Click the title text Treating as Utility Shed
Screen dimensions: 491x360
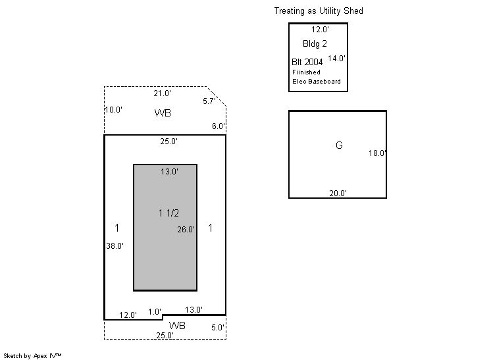[319, 11]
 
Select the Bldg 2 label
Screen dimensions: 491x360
[315, 44]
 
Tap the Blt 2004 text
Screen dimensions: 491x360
[307, 62]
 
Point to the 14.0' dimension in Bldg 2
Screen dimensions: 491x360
[336, 59]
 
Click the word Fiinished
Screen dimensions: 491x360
[306, 72]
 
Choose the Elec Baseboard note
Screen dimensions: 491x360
[317, 82]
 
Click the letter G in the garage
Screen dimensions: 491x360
[339, 145]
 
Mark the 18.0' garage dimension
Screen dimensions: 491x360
[377, 153]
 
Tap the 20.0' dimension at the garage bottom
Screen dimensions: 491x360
[338, 193]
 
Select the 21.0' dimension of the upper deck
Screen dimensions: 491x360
[162, 93]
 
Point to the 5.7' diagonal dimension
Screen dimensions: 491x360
[209, 101]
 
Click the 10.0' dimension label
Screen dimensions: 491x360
[113, 110]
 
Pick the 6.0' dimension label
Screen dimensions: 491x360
[219, 126]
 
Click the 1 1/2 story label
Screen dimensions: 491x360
[168, 213]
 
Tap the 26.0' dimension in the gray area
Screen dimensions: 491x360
[186, 230]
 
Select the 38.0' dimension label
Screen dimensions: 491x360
[115, 246]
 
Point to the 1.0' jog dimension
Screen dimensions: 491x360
[155, 312]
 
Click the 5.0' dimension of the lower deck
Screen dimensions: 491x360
[218, 328]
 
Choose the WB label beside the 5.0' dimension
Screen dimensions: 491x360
[177, 326]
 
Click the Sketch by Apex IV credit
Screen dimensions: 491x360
[32, 356]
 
